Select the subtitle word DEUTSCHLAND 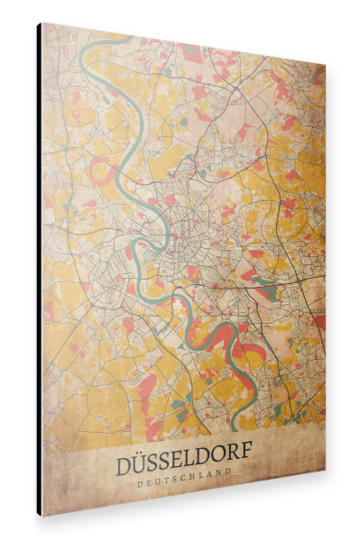(187, 470)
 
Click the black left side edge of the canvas (39, 270)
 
